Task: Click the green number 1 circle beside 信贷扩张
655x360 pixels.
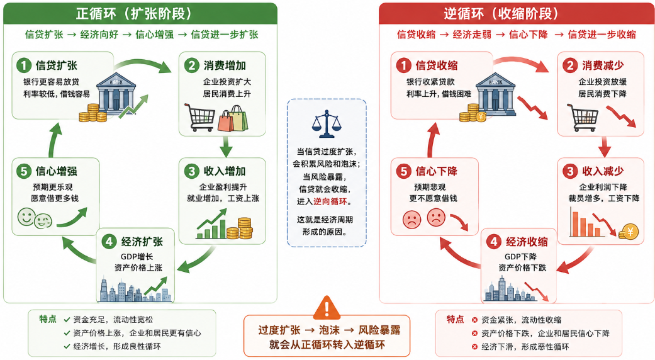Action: (x=24, y=65)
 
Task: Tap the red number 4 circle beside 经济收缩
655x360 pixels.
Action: (x=494, y=242)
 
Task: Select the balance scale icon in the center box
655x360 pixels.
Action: (x=327, y=124)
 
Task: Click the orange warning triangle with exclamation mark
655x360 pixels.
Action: (x=327, y=307)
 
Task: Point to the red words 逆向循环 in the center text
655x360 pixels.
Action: (x=330, y=202)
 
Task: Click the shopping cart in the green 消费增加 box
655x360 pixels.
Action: (x=199, y=117)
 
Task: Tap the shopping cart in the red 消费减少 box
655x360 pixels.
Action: (x=583, y=117)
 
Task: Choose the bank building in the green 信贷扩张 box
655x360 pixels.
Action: (x=116, y=94)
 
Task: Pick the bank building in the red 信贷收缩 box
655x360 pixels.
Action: (x=495, y=94)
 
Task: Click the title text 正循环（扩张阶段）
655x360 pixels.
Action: (x=133, y=14)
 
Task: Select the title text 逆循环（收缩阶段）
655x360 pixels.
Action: (x=501, y=14)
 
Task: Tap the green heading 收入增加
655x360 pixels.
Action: (x=225, y=171)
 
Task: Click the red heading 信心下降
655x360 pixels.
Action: (x=436, y=171)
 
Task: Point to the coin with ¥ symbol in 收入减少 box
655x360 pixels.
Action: (x=629, y=232)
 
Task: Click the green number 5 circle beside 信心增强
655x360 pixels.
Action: (x=24, y=171)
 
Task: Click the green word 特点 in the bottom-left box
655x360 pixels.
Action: (x=48, y=320)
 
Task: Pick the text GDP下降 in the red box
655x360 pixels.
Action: (x=520, y=256)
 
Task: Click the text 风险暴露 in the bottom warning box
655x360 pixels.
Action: (x=379, y=330)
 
